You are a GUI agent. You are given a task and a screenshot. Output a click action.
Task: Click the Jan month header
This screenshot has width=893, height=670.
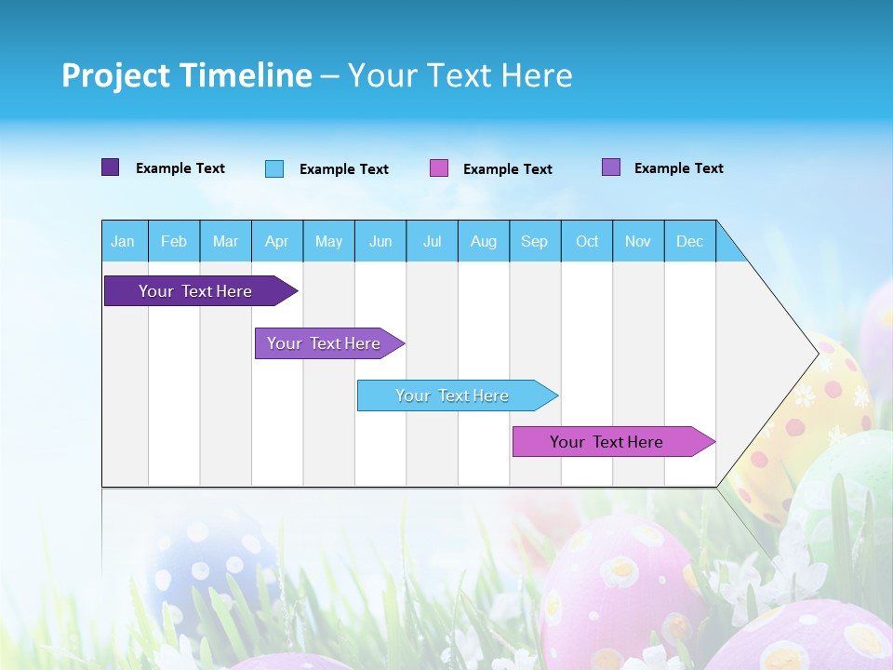point(124,241)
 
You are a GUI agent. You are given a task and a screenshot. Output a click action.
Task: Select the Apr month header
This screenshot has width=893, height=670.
point(277,241)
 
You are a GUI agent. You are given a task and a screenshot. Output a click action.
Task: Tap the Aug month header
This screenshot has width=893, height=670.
point(484,241)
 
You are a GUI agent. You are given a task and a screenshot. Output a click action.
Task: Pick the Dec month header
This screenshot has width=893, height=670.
point(690,241)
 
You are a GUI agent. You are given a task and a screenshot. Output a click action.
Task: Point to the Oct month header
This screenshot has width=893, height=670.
point(587,241)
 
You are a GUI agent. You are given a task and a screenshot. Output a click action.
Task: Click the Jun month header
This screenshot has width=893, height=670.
point(380,241)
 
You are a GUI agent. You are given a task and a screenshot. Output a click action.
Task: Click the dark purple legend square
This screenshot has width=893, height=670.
point(110,167)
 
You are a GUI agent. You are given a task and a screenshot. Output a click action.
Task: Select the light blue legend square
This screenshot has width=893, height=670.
point(274,168)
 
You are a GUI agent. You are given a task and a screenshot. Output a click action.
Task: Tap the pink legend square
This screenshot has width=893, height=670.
point(439,168)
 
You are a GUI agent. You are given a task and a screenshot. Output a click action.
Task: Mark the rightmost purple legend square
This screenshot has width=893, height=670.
point(611,167)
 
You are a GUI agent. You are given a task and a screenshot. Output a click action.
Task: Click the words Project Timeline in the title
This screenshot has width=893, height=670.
point(186,75)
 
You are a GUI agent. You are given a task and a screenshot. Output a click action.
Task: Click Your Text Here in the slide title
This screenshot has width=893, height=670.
point(460,75)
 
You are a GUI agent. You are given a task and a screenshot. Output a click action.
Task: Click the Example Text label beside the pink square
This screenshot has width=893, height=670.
point(508,169)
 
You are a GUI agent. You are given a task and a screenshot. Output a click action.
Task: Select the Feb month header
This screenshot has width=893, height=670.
point(174,241)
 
